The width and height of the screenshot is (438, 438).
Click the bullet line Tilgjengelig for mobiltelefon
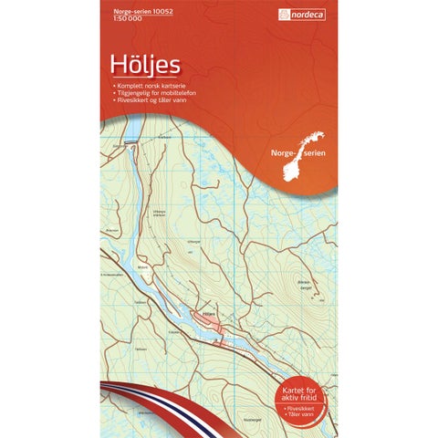point(154,93)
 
